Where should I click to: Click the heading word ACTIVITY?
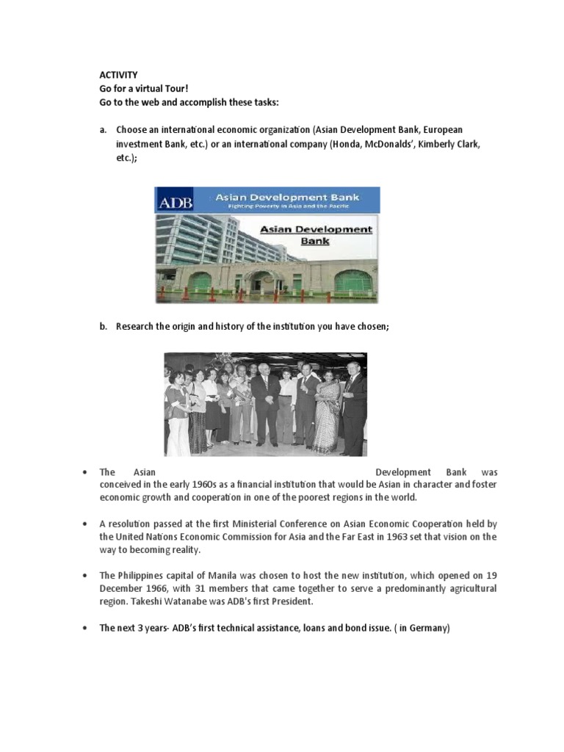point(118,74)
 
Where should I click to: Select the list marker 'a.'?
point(104,130)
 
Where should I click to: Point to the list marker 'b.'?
point(104,327)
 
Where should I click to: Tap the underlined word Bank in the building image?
point(317,240)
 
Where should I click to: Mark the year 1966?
point(151,589)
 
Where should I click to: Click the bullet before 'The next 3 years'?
point(86,629)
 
